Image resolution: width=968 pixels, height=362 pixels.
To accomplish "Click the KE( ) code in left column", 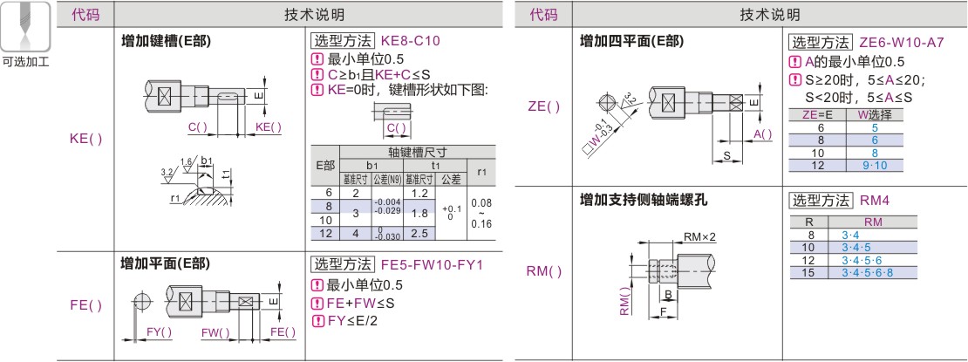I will (x=85, y=140).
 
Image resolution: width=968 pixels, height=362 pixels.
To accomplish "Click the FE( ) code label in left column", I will (x=85, y=306).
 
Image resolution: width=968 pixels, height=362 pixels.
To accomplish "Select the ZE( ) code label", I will (x=544, y=106).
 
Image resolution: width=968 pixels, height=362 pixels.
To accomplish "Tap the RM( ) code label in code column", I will (x=544, y=271).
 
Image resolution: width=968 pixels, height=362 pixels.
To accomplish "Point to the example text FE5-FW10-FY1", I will (x=432, y=263).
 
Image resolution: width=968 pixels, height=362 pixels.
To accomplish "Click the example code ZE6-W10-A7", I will (x=901, y=42).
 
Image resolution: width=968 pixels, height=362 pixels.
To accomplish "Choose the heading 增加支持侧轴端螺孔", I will (x=644, y=200).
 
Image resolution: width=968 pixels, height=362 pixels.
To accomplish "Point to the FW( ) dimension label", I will (x=215, y=332).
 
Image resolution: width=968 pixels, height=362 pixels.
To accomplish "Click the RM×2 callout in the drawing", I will (x=699, y=236).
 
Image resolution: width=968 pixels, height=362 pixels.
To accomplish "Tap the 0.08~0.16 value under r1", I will (x=481, y=212).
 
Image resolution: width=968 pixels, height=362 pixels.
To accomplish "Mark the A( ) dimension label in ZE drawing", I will (x=762, y=133).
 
